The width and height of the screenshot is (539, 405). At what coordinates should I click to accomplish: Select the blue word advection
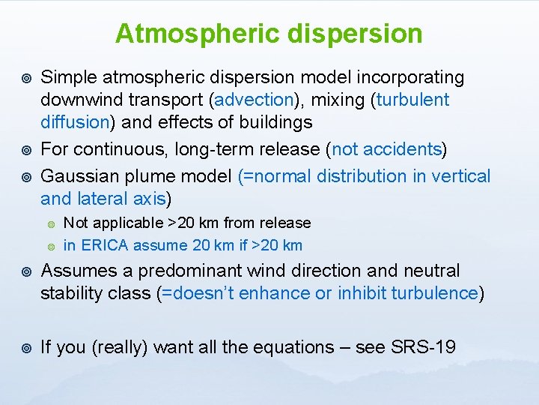tap(254, 100)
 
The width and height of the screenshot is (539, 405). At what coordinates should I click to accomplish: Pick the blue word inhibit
tap(359, 293)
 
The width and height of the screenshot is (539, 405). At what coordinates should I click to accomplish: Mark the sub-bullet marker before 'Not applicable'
tap(50, 223)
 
